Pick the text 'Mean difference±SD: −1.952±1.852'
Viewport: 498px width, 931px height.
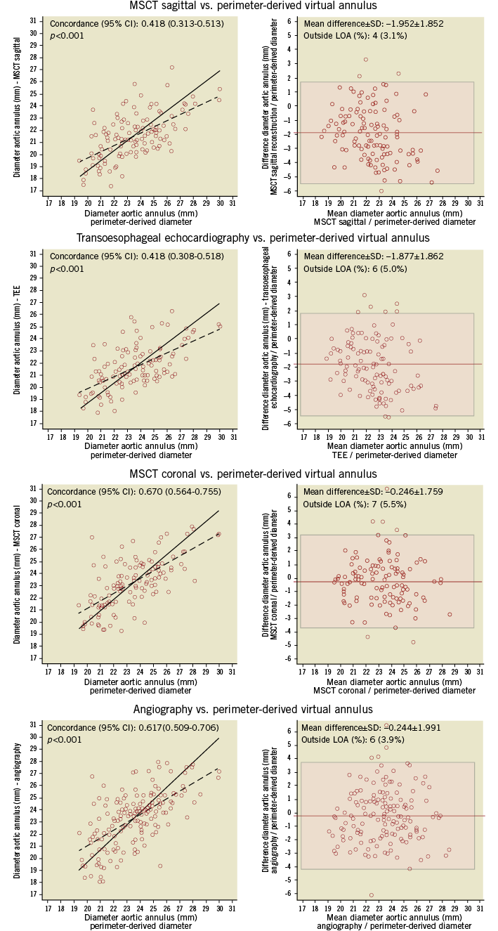372,23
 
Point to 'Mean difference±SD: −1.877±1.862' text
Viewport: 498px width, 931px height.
374,257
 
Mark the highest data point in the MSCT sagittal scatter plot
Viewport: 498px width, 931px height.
172,67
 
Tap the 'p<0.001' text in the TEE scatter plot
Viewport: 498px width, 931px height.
65,269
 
